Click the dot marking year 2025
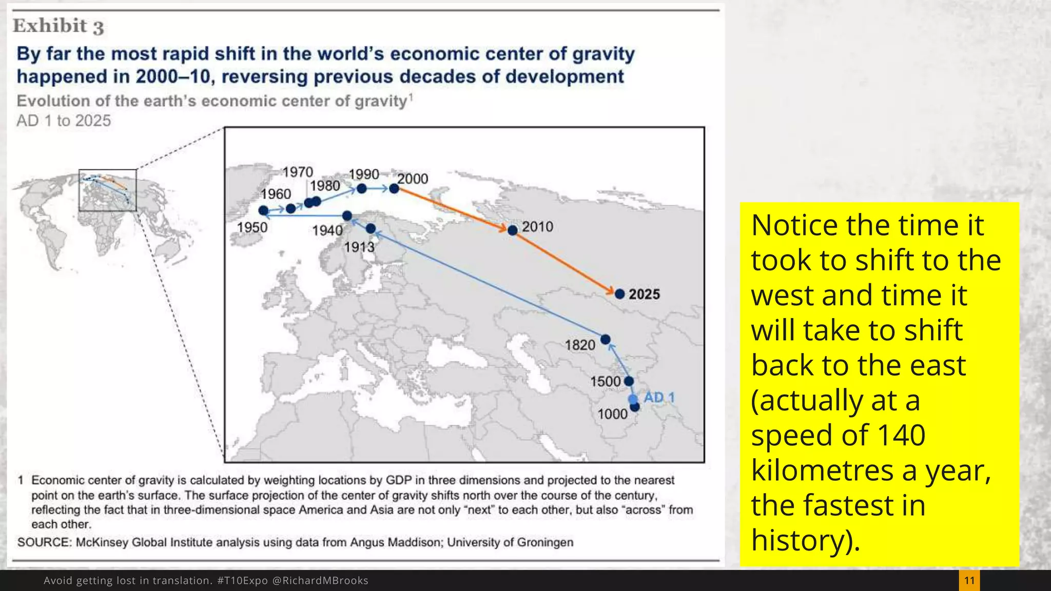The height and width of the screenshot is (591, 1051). tap(619, 294)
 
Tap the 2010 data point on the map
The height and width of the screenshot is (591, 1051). tap(512, 230)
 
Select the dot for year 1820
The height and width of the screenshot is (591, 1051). tap(605, 340)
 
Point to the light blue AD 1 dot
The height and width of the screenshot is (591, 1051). tap(633, 399)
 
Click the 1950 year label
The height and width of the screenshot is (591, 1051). tap(252, 227)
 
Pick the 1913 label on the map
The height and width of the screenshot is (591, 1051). tap(359, 247)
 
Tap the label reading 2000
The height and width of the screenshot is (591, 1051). tap(413, 179)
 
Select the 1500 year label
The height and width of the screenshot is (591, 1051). tap(605, 382)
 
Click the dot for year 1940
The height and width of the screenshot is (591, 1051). tap(347, 216)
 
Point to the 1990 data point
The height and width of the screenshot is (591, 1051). tap(361, 189)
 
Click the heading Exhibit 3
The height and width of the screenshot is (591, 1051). tap(58, 26)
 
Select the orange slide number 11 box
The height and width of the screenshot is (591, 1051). tap(969, 580)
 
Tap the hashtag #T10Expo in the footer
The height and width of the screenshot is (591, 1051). tap(242, 580)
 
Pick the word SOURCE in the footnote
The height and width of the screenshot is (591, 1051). tap(43, 542)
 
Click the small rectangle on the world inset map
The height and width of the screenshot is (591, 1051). tap(107, 190)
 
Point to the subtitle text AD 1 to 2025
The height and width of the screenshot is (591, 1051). tap(64, 121)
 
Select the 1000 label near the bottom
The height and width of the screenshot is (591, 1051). tap(612, 414)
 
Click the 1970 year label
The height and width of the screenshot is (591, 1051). tap(298, 172)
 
